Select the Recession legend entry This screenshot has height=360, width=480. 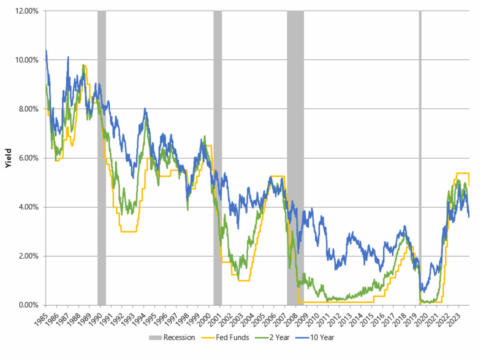174,337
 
